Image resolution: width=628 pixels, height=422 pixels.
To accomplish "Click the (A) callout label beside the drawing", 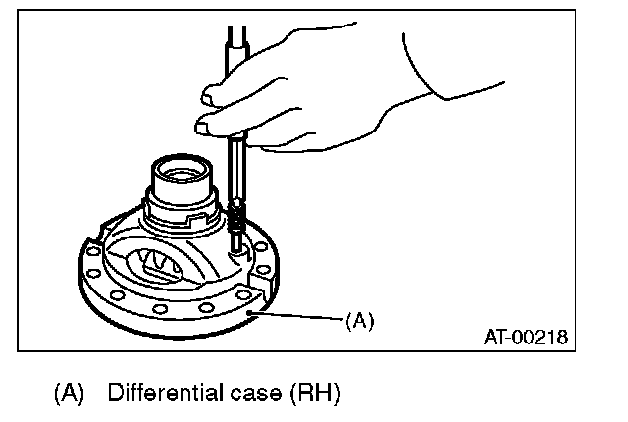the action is point(360,320).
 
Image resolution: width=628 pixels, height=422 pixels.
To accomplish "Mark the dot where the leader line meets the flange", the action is point(252,312).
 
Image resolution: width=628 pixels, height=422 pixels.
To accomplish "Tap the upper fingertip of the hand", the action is point(208,95).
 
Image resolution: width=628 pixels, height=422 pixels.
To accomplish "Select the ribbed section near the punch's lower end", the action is point(237,215).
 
